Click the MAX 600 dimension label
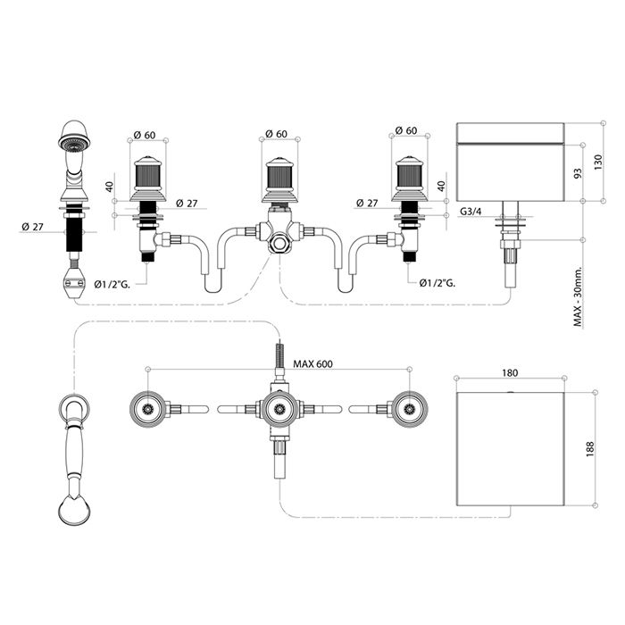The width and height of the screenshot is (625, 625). tap(312, 363)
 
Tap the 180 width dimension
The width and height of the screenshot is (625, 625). tap(510, 373)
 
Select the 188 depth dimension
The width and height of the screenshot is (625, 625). tap(590, 449)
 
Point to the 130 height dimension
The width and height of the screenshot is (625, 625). tap(598, 162)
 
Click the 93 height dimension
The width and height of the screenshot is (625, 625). tap(578, 173)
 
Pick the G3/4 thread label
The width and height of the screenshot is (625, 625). tap(471, 212)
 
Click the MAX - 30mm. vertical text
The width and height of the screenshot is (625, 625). tap(578, 297)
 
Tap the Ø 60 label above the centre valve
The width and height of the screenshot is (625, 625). tap(276, 134)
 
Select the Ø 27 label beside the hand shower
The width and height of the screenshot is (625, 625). tap(33, 227)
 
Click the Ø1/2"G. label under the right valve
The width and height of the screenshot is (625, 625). tap(437, 283)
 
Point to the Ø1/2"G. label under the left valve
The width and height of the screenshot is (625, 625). tap(112, 284)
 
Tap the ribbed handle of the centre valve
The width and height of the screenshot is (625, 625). tap(279, 177)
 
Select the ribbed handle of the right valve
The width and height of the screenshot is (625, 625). tap(409, 176)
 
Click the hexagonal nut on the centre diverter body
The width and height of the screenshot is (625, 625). tap(279, 243)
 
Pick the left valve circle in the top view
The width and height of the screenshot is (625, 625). tap(148, 409)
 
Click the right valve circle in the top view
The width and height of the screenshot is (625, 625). tap(410, 409)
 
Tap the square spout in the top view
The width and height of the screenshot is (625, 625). tap(510, 449)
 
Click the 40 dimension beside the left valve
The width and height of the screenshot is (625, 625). tap(110, 186)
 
